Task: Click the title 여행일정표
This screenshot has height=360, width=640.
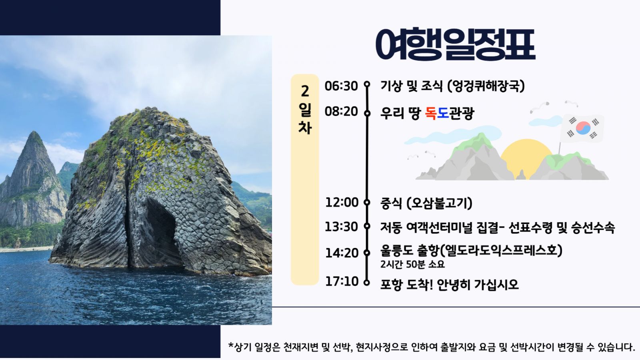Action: [x=456, y=44]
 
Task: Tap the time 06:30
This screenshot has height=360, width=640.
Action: [x=341, y=86]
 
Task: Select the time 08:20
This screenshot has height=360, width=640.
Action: [x=341, y=112]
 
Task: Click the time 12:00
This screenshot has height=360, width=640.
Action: [x=342, y=202]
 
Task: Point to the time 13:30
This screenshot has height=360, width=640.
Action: [x=341, y=227]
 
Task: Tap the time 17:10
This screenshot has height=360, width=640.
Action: [x=342, y=282]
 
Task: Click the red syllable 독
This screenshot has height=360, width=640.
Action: [x=431, y=113]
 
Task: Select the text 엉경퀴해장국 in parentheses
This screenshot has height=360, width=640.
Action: [x=486, y=86]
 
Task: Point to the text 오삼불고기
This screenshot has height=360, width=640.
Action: [x=439, y=204]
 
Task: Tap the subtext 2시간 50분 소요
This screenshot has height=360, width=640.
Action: [x=412, y=264]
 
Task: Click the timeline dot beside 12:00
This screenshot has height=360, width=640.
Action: [x=367, y=202]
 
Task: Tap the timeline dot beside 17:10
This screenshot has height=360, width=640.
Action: [x=367, y=282]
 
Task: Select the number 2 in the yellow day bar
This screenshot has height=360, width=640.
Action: [x=305, y=92]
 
